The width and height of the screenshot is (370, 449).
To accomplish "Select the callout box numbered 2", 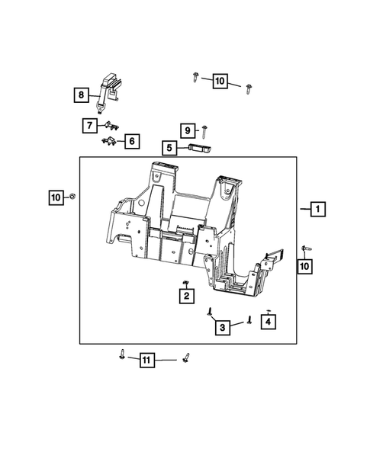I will (x=186, y=296).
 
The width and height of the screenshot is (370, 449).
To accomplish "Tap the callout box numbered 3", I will (x=223, y=327).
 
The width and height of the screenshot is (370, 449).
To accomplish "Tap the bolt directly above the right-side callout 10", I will (x=306, y=249).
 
